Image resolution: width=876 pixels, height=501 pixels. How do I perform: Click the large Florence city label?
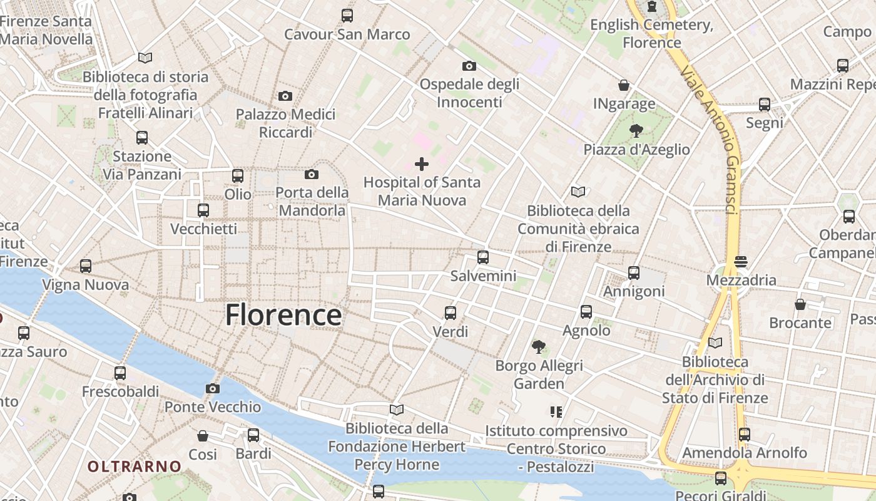(x=283, y=315)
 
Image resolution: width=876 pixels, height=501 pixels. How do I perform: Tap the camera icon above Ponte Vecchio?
(x=213, y=388)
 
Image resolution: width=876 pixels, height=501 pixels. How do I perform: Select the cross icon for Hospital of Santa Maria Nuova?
(x=422, y=164)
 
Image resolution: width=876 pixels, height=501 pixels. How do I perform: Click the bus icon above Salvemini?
(x=482, y=257)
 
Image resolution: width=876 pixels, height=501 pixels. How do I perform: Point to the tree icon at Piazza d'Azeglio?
(x=636, y=131)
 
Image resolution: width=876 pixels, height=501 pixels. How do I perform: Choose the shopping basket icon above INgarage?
(x=623, y=85)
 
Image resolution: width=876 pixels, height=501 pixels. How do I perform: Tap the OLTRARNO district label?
(x=134, y=467)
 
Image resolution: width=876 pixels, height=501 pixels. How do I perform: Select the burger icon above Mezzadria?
(x=741, y=261)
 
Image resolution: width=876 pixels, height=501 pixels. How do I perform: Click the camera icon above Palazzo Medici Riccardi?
(x=285, y=96)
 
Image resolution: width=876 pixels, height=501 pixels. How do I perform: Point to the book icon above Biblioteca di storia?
(x=145, y=58)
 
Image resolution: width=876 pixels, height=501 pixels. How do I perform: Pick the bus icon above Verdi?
(x=450, y=312)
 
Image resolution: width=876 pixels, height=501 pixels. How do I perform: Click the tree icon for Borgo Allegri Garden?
(x=538, y=346)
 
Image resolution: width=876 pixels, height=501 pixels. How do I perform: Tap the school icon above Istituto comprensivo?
(x=556, y=412)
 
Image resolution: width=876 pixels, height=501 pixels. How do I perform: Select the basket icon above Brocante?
(x=800, y=304)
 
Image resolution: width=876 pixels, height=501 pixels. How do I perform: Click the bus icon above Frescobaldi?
(x=120, y=373)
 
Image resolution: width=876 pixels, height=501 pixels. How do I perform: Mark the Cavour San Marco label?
(x=347, y=34)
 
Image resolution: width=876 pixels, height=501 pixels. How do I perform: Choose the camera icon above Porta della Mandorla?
(x=311, y=174)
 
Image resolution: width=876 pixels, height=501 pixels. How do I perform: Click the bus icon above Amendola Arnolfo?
(x=744, y=434)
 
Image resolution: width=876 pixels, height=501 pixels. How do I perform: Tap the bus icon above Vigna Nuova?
(x=86, y=266)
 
